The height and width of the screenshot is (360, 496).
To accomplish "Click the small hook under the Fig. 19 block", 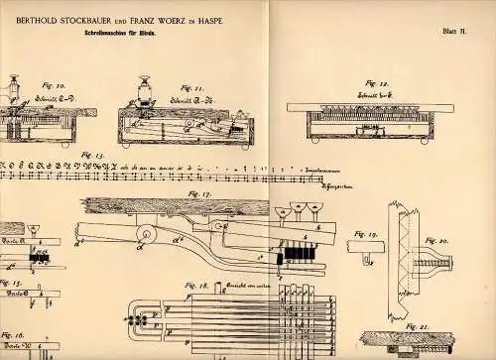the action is [366, 262].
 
